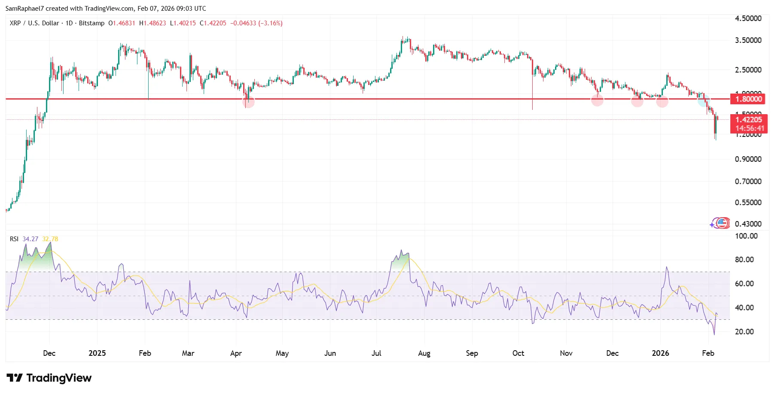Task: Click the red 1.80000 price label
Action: click(749, 99)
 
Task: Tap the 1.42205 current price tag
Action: click(749, 120)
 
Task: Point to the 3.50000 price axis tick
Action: click(748, 40)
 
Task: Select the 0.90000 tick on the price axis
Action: click(748, 159)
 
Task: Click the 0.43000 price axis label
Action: click(748, 224)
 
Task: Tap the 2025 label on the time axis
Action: click(97, 353)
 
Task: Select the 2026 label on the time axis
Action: click(660, 353)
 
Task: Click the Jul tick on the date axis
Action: click(376, 353)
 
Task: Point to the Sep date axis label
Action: click(472, 353)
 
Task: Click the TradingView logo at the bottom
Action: click(49, 378)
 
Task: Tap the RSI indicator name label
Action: click(14, 239)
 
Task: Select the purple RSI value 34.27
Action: click(30, 239)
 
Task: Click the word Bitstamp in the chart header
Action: click(92, 23)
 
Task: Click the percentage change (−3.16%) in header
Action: click(270, 23)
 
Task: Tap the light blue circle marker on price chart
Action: click(703, 101)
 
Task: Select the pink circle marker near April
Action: click(248, 102)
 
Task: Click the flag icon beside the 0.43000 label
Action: click(722, 223)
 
